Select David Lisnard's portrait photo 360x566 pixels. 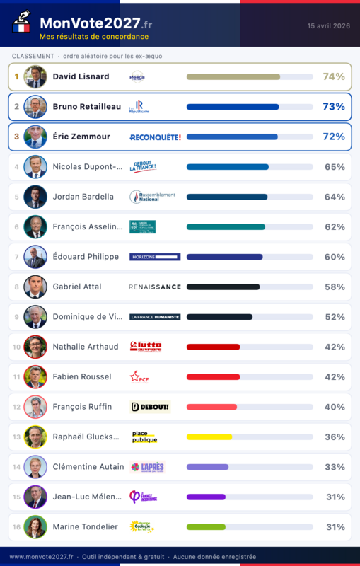point(35,76)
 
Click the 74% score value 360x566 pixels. point(333,76)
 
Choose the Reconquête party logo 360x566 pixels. point(155,137)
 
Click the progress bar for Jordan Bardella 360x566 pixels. point(227,197)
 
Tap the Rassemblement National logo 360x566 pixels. point(153,197)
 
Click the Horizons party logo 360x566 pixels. point(155,257)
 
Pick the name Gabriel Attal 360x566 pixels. point(77,287)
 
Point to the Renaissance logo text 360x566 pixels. point(155,287)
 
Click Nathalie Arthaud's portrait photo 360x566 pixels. point(35,347)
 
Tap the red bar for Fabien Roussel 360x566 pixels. point(213,377)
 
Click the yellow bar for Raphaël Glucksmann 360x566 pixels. point(209,437)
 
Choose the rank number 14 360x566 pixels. point(16,467)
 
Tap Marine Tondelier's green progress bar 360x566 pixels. point(206,527)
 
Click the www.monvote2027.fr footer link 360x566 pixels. point(40,557)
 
